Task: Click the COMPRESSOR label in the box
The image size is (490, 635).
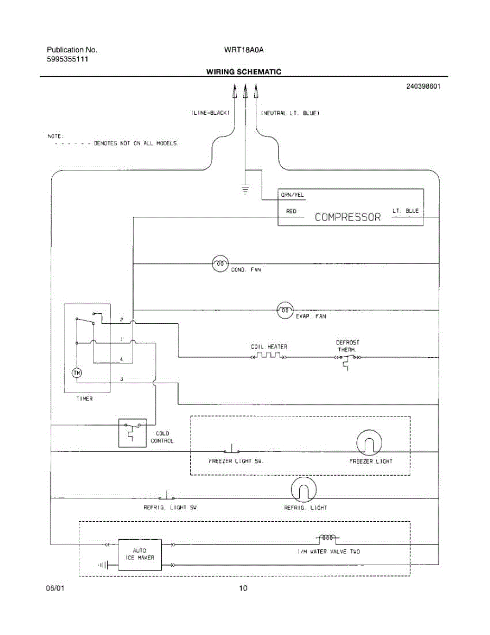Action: coord(348,217)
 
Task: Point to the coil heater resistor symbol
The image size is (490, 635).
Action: coord(269,357)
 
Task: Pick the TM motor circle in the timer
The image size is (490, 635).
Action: coord(77,373)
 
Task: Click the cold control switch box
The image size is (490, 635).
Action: coord(132,433)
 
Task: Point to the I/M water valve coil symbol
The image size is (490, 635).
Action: coord(328,539)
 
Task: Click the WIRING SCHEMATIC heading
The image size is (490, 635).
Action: coord(244,72)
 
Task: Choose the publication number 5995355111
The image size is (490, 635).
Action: coord(67,59)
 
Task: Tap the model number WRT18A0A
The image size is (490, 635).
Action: coord(244,50)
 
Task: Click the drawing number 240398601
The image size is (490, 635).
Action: coord(423,87)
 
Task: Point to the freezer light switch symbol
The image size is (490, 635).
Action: coord(231,450)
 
